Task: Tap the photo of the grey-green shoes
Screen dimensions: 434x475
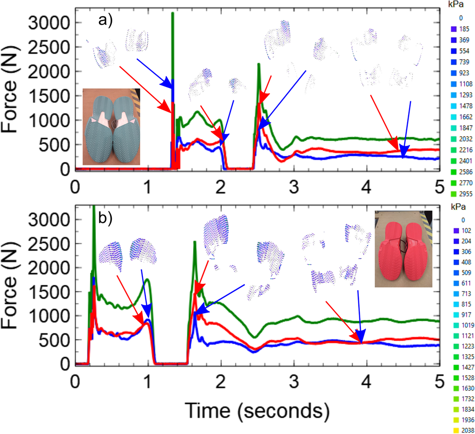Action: (x=111, y=127)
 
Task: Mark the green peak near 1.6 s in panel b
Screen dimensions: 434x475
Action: (x=194, y=242)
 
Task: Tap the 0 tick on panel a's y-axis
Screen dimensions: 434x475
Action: (x=65, y=169)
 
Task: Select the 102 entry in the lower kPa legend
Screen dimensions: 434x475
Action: (x=459, y=231)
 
